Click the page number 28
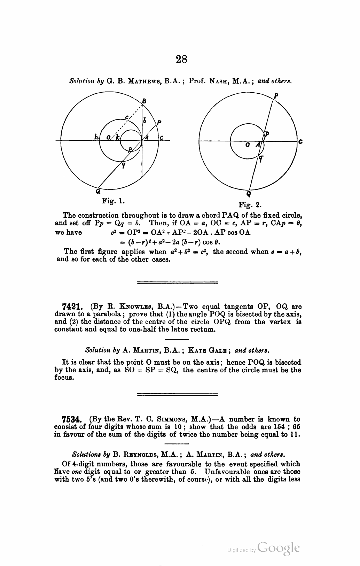[x=181, y=59]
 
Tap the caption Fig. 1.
[x=113, y=201]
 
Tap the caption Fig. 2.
[x=250, y=204]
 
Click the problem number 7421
[x=72, y=307]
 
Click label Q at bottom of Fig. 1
[x=98, y=191]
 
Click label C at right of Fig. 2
[x=300, y=141]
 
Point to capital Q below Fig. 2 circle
[x=249, y=194]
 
